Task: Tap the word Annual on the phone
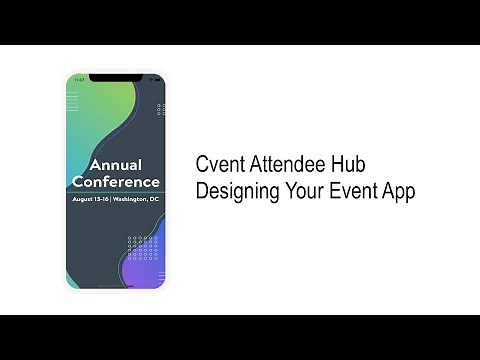[x=115, y=165]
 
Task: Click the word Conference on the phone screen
[x=116, y=182]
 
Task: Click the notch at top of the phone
[x=115, y=78]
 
